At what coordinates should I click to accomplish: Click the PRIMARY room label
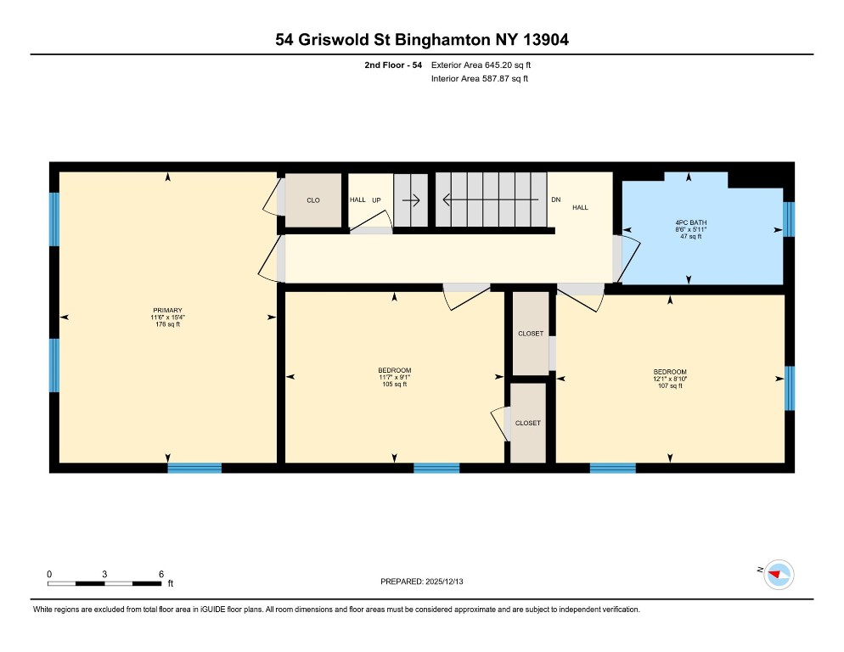(x=167, y=310)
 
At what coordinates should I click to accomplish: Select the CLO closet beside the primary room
(x=313, y=200)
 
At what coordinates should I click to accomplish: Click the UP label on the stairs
(x=376, y=200)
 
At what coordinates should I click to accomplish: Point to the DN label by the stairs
(x=555, y=200)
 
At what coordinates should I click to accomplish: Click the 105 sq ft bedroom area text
(x=395, y=385)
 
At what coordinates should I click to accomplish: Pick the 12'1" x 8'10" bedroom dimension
(x=670, y=379)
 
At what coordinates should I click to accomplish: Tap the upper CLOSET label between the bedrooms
(x=531, y=334)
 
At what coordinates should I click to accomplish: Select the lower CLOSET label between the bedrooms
(x=527, y=423)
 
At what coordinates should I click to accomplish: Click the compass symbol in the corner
(x=779, y=575)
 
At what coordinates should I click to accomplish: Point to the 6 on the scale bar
(x=161, y=574)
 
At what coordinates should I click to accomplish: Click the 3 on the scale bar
(x=104, y=574)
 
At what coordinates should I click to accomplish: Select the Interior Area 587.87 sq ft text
(x=480, y=79)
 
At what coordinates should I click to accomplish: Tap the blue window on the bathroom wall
(x=788, y=219)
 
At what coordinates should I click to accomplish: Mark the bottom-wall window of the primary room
(x=194, y=468)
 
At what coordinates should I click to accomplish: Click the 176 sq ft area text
(x=167, y=325)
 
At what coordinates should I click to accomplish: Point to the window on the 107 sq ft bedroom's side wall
(x=789, y=388)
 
